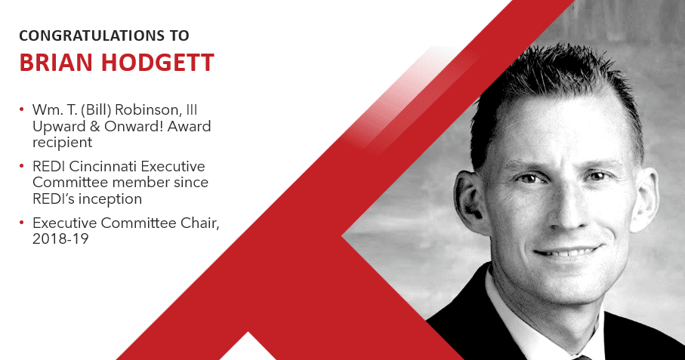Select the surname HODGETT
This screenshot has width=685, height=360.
(157, 63)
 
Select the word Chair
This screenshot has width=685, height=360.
(198, 222)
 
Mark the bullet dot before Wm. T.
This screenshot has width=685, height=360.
(21, 112)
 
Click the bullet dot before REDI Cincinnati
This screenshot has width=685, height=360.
(21, 167)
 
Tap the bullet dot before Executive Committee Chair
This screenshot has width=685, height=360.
(21, 223)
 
